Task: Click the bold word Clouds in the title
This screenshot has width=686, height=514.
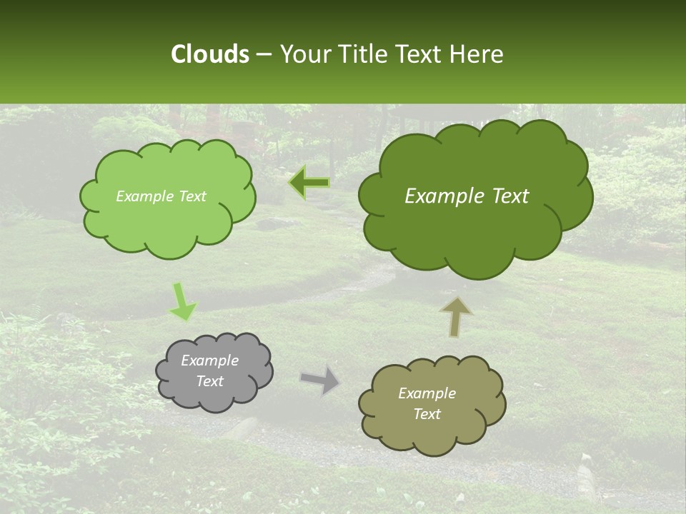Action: tap(209, 54)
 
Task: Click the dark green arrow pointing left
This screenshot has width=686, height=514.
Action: tap(309, 183)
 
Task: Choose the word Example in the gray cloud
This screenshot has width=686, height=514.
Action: tap(210, 361)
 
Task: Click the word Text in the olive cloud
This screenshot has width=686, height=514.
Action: tap(427, 414)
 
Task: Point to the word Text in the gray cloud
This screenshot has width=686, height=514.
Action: tap(210, 381)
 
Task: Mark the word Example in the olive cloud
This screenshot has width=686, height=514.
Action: tap(427, 393)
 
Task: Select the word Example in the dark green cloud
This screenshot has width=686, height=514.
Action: tap(437, 196)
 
